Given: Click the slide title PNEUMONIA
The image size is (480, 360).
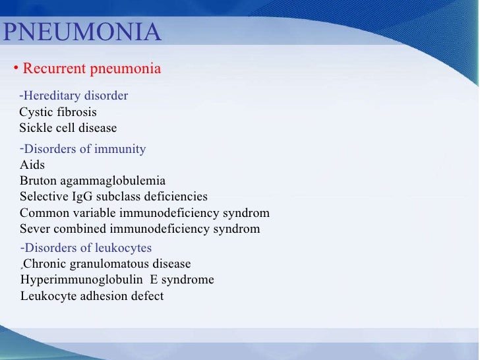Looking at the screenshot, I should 82,32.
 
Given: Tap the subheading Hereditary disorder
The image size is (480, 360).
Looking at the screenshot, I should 76,96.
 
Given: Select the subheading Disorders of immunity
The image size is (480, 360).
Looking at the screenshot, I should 84,149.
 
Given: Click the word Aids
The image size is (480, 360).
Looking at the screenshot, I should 32,165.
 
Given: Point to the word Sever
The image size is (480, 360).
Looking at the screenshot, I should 34,229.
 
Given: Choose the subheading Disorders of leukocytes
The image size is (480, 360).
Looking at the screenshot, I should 88,249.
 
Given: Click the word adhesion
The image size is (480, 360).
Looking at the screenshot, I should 100,296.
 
